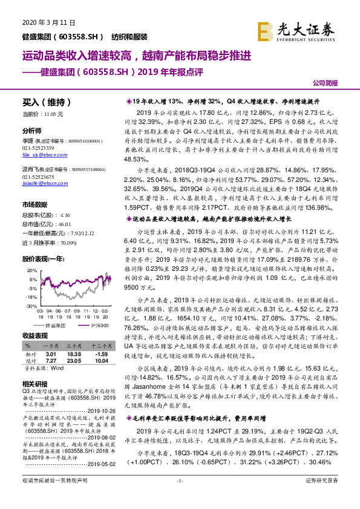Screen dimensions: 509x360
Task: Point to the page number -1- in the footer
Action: coord(179,498)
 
